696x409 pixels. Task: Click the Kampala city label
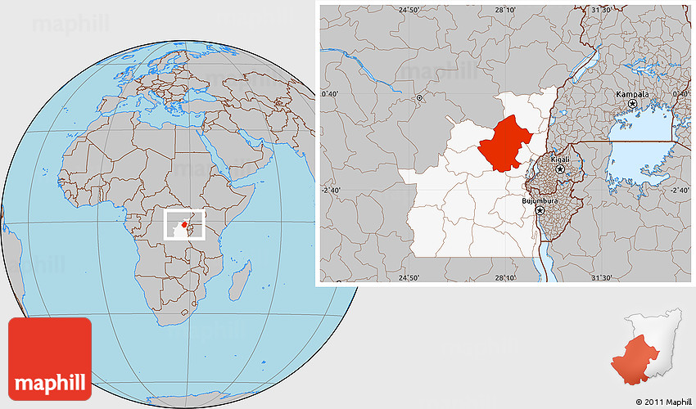(632, 94)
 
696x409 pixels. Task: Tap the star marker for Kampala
(632, 104)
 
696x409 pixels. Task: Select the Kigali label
(560, 160)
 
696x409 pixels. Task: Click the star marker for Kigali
(560, 169)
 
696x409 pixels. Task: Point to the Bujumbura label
(540, 200)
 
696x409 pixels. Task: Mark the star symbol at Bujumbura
(540, 210)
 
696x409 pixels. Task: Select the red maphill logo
(49, 358)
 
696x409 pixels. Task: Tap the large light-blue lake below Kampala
(643, 155)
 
